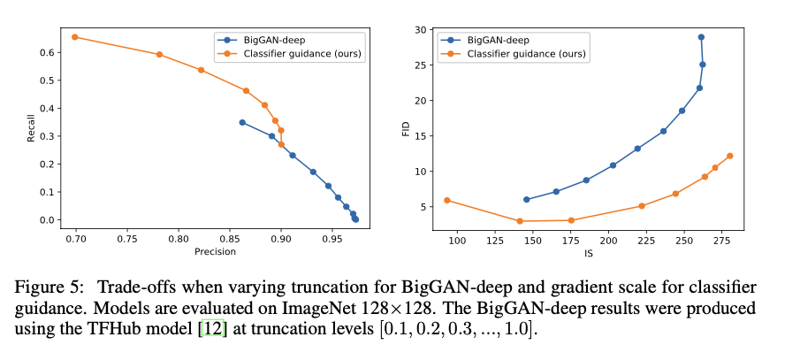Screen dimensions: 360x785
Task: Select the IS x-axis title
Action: [x=588, y=252]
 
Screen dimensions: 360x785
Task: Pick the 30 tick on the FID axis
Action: [x=423, y=29]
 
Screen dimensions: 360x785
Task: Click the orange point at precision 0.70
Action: [x=75, y=37]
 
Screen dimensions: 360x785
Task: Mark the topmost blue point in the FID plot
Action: [x=701, y=37]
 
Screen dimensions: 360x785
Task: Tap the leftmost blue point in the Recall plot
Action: [x=242, y=122]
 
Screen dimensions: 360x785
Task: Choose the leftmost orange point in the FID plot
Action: [x=447, y=200]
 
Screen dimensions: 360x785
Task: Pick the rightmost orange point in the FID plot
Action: [x=730, y=156]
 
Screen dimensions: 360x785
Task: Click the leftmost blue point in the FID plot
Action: [x=527, y=200]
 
